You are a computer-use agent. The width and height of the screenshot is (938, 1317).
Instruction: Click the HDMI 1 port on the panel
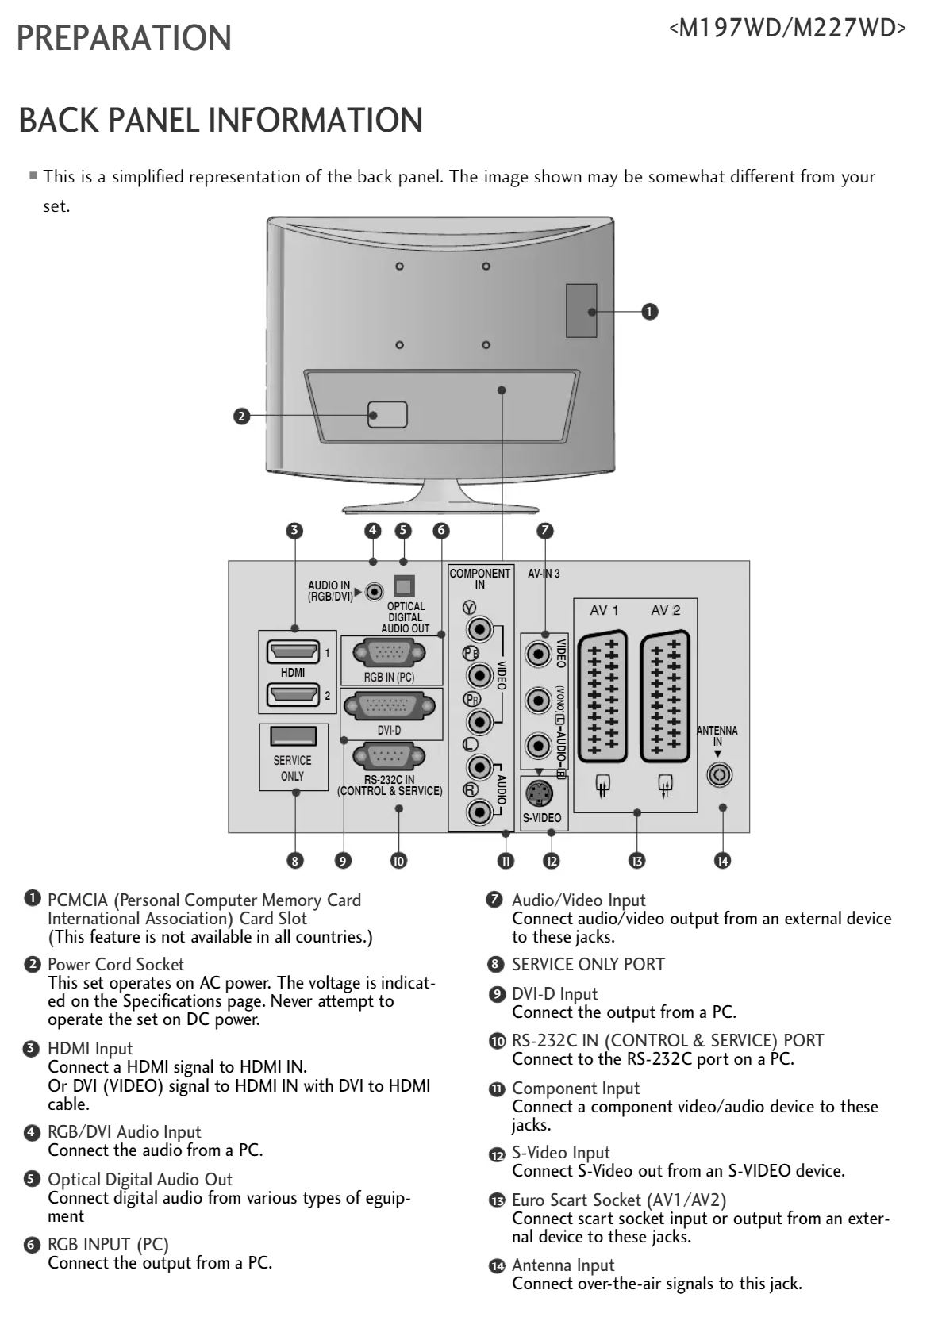(x=293, y=653)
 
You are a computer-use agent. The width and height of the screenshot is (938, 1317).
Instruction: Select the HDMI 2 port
(x=293, y=696)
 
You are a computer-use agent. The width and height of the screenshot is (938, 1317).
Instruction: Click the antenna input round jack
(x=719, y=774)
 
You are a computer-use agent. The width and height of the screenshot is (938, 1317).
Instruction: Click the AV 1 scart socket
(x=603, y=696)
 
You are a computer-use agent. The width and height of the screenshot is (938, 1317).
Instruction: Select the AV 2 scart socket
(x=665, y=696)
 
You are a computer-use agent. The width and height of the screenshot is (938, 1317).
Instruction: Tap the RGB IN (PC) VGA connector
(x=389, y=655)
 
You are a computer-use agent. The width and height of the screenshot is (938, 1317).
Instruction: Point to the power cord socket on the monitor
(x=387, y=415)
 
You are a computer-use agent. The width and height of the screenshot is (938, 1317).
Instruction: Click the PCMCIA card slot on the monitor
(x=581, y=311)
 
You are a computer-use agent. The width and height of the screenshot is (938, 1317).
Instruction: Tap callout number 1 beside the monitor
(x=649, y=312)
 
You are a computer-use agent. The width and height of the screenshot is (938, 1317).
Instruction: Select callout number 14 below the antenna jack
(x=722, y=860)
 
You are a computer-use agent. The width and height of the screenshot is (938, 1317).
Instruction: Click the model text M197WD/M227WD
(x=786, y=29)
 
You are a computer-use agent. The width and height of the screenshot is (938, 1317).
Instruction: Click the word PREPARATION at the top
(x=124, y=38)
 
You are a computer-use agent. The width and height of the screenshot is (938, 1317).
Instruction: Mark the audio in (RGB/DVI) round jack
(x=375, y=592)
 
